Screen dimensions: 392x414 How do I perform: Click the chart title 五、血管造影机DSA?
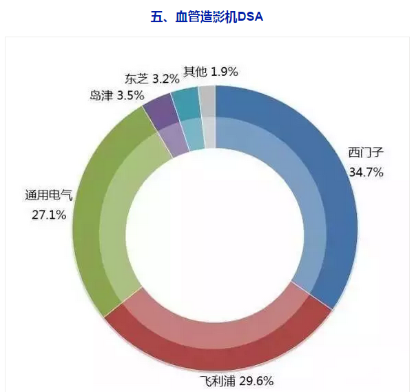(207, 16)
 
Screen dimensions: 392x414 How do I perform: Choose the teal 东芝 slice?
(186, 107)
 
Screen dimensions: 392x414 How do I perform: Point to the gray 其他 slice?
(207, 104)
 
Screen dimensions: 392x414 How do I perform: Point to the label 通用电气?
(48, 196)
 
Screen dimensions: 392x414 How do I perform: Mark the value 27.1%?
(49, 215)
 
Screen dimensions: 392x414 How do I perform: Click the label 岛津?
(102, 95)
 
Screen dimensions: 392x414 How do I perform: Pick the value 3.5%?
(131, 95)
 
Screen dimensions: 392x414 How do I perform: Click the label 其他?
(194, 71)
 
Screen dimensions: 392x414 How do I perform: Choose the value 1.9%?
(225, 71)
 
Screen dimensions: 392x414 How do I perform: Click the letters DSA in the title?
(251, 16)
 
